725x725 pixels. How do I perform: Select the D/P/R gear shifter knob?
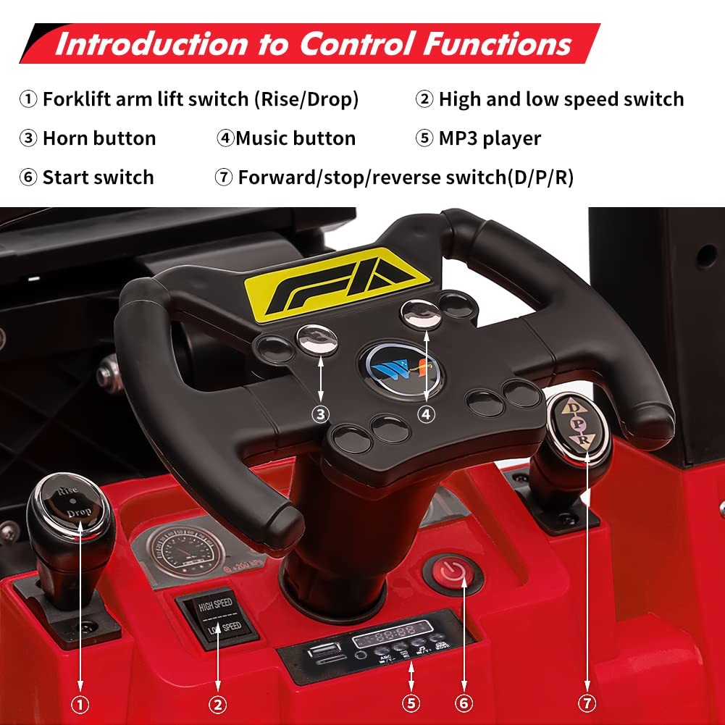click(579, 427)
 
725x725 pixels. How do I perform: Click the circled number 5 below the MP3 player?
click(411, 703)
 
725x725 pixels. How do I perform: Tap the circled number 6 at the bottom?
click(464, 703)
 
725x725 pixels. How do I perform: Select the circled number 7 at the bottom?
click(587, 703)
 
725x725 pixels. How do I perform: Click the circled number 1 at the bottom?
click(80, 703)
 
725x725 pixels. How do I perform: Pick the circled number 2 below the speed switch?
click(218, 703)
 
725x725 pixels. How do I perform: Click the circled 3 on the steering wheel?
click(321, 414)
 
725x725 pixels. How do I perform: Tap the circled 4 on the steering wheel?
click(426, 414)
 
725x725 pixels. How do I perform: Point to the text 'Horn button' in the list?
click(99, 138)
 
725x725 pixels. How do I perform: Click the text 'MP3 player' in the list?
click(490, 138)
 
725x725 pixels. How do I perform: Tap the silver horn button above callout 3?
click(317, 339)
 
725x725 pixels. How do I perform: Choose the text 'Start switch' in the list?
click(98, 177)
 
